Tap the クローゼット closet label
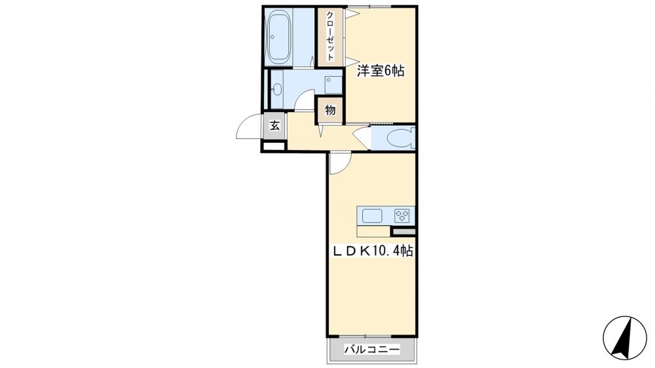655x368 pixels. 331,37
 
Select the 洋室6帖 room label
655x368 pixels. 380,71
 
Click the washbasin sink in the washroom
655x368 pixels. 276,90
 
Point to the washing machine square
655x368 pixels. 333,84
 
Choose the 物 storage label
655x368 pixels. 330,110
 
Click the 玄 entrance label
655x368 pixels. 275,125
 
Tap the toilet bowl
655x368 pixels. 399,138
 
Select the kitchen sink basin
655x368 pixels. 373,215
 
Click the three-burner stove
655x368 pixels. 402,215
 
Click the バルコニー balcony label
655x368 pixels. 372,351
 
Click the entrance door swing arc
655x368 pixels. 248,128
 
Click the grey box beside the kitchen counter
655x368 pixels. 403,231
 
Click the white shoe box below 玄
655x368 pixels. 274,145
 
